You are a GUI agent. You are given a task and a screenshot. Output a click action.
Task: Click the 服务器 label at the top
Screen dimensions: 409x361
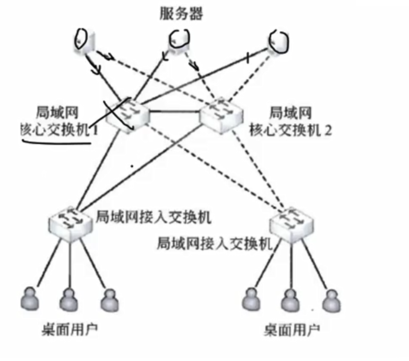181,14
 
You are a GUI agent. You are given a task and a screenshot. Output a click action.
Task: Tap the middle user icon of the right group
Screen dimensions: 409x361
290,300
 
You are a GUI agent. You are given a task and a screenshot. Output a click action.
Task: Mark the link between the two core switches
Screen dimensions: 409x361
174,111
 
